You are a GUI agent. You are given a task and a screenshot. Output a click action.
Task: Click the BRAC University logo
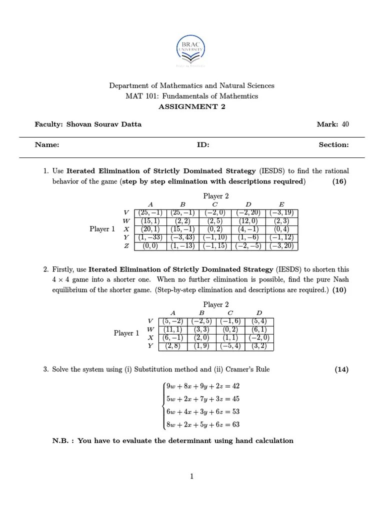pyautogui.click(x=191, y=50)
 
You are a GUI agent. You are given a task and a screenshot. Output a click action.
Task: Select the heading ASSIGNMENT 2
pyautogui.click(x=191, y=106)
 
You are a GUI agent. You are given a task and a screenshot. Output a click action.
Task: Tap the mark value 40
pyautogui.click(x=344, y=124)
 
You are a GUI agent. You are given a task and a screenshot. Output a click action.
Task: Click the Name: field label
pyautogui.click(x=47, y=144)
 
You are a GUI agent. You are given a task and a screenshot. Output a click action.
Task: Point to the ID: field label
pyautogui.click(x=203, y=144)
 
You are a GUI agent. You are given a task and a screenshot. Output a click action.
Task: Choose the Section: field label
pyautogui.click(x=333, y=144)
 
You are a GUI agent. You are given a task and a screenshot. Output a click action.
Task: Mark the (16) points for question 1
pyautogui.click(x=339, y=181)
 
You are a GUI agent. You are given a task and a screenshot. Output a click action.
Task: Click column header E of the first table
pyautogui.click(x=281, y=204)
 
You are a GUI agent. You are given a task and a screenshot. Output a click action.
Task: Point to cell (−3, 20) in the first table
pyautogui.click(x=282, y=246)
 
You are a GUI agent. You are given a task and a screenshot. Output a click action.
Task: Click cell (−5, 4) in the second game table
pyautogui.click(x=230, y=346)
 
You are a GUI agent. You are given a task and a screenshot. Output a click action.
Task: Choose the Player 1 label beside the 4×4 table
pyautogui.click(x=126, y=333)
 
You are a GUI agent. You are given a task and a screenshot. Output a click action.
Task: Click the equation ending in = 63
pyautogui.click(x=203, y=425)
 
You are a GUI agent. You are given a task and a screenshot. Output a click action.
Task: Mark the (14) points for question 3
pyautogui.click(x=341, y=369)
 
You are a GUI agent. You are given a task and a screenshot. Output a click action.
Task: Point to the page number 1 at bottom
pyautogui.click(x=191, y=476)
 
